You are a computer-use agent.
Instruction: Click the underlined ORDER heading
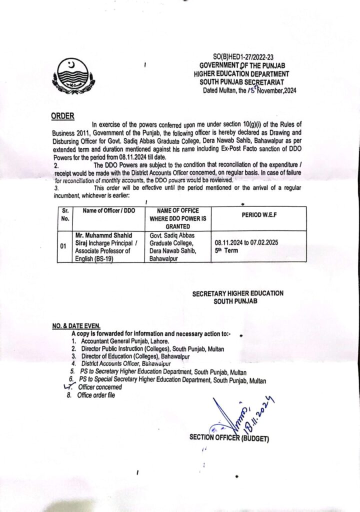click(63, 116)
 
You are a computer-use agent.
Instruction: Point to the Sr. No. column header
click(65, 214)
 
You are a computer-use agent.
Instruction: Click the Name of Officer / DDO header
click(103, 211)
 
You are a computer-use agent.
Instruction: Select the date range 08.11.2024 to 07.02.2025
click(246, 242)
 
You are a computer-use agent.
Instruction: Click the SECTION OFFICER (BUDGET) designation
click(229, 438)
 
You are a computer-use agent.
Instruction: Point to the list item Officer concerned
click(99, 387)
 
